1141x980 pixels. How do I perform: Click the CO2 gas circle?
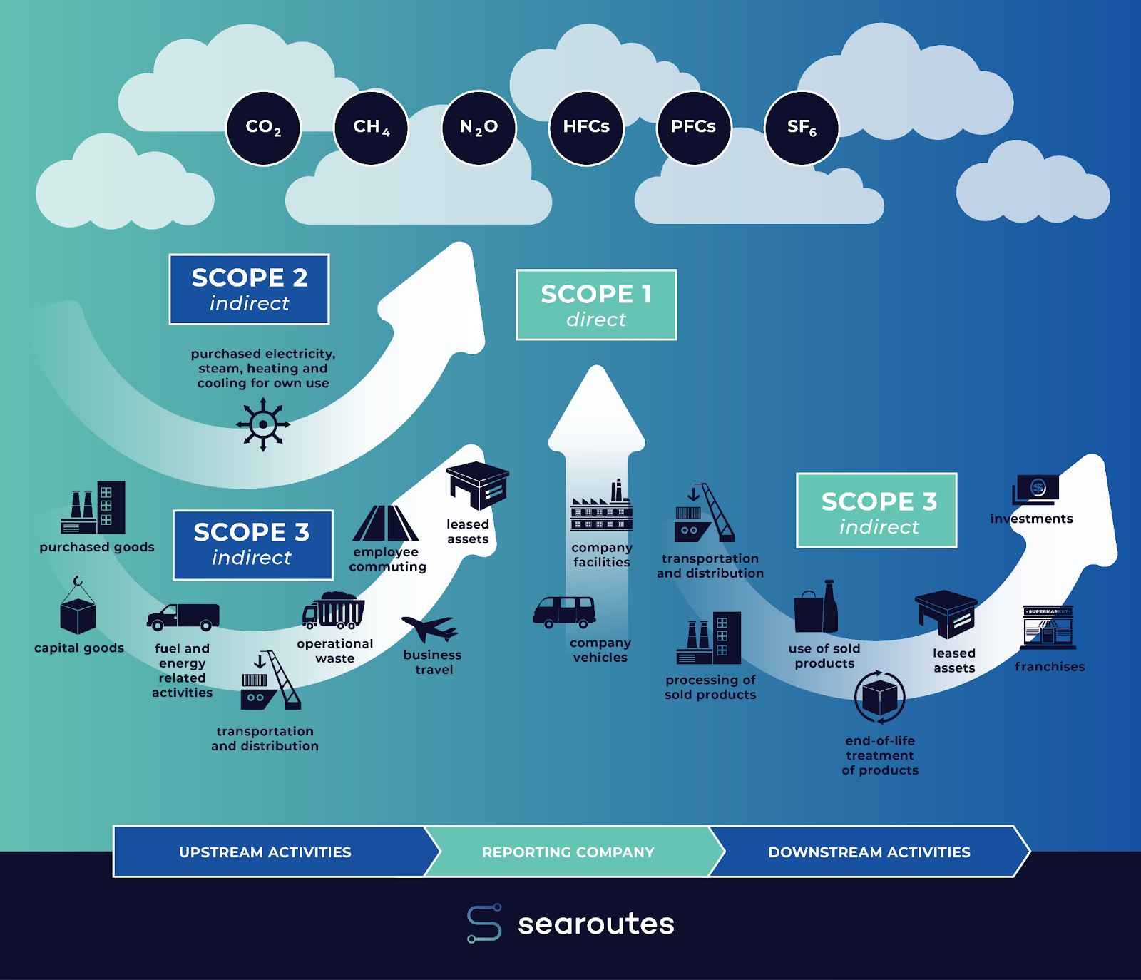[x=263, y=128]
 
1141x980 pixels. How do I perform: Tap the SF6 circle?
[x=802, y=128]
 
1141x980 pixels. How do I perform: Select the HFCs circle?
[x=586, y=128]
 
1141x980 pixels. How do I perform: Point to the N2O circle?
[x=479, y=128]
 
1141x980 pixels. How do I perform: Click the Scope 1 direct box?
[x=596, y=305]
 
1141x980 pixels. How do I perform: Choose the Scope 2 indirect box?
[x=249, y=290]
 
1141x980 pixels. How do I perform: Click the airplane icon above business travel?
[x=430, y=628]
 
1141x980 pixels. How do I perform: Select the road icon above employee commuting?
[x=386, y=524]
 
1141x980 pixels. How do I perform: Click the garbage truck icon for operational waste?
[x=334, y=611]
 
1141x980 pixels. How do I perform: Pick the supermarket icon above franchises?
[x=1048, y=628]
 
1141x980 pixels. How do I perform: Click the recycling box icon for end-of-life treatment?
[x=880, y=697]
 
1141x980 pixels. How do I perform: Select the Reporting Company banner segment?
[x=568, y=852]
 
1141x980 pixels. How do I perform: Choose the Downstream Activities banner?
[x=869, y=852]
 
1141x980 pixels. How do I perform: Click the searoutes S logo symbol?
[x=484, y=924]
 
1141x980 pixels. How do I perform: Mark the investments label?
[x=1031, y=519]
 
